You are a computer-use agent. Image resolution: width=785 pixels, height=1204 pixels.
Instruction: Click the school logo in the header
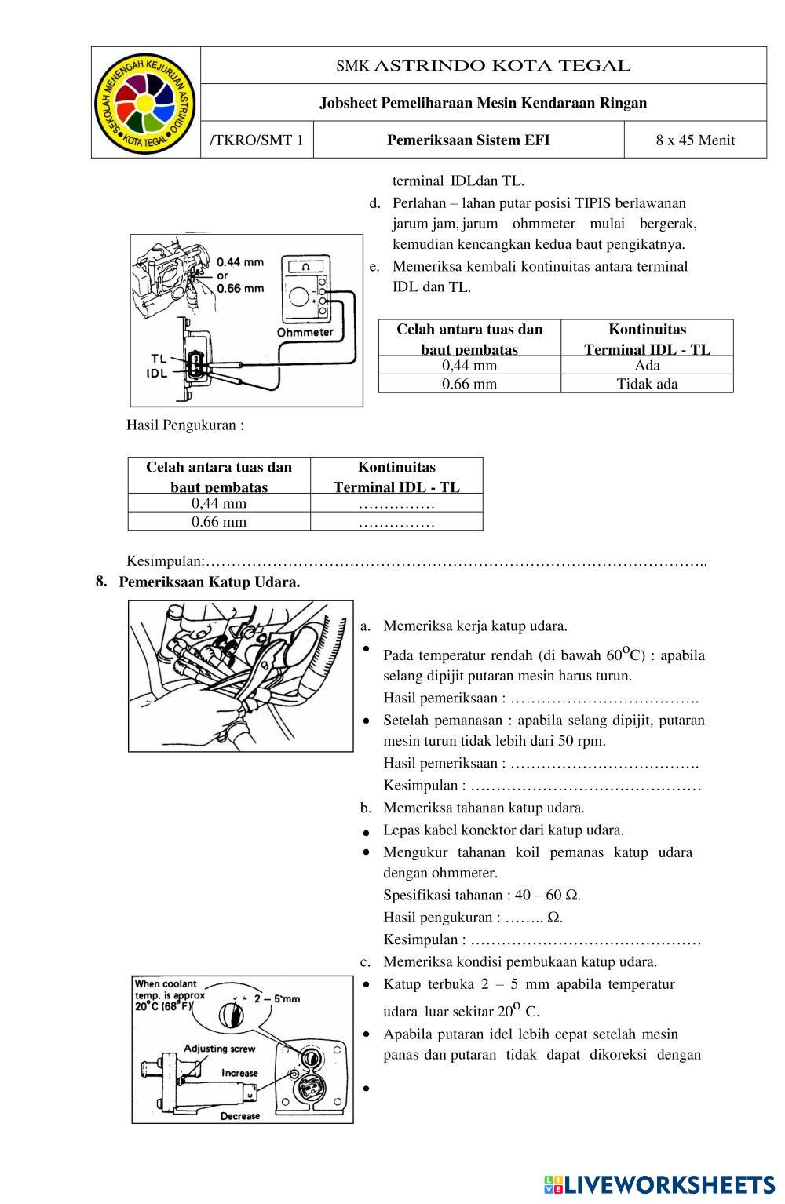146,102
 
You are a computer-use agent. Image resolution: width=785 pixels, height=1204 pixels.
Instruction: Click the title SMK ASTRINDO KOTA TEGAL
483,66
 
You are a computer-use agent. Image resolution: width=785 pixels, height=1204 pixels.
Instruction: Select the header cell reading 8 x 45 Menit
695,140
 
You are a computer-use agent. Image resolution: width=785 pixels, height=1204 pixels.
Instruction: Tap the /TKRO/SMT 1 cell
257,140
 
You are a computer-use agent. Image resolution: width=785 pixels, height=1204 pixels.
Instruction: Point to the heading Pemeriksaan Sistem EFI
468,140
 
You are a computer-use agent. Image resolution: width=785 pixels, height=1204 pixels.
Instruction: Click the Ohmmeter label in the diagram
305,332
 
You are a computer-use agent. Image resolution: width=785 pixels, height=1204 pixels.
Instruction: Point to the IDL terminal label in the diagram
157,374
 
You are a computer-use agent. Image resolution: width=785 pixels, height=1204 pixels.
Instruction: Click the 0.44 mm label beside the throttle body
240,261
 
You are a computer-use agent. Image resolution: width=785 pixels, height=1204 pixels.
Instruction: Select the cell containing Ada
647,366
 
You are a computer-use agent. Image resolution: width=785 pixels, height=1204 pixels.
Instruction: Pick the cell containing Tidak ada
647,384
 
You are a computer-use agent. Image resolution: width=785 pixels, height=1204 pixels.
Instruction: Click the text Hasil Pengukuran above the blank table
185,425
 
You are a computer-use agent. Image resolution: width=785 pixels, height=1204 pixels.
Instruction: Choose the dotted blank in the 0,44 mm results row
396,503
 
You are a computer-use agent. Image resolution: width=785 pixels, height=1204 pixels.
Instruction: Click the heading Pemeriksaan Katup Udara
210,582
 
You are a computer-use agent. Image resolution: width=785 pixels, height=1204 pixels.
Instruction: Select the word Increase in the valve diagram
239,1073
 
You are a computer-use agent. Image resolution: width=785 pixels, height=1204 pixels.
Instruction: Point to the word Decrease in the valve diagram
239,1116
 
